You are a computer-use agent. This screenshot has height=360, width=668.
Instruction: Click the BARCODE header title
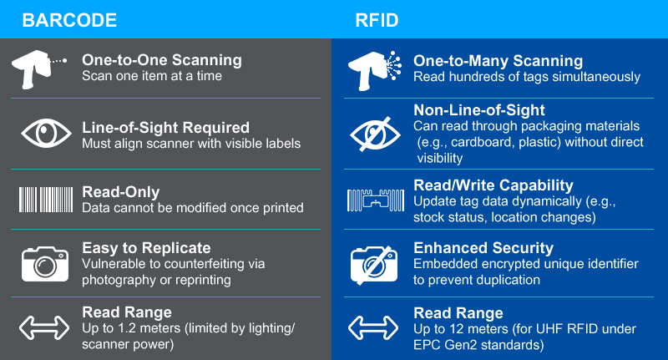(69, 20)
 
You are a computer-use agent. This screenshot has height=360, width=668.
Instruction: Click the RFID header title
(377, 20)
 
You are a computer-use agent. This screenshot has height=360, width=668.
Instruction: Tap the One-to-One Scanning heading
(162, 60)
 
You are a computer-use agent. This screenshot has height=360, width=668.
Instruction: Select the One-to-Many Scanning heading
(498, 61)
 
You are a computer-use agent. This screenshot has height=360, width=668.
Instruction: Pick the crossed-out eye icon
(375, 134)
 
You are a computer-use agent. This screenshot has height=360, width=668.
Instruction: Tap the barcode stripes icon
(46, 200)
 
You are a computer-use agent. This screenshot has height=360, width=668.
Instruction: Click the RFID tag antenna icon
(376, 200)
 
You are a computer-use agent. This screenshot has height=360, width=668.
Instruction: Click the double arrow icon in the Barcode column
(44, 327)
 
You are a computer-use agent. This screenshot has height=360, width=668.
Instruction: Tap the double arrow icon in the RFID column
(373, 327)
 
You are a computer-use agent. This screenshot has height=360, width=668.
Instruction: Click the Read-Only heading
(120, 192)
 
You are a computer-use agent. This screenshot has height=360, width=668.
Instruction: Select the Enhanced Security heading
(483, 248)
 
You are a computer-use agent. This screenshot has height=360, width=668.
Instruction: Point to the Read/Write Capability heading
(493, 185)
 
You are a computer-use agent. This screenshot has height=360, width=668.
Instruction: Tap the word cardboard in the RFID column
(483, 142)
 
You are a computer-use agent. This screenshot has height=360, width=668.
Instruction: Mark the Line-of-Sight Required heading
(165, 128)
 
